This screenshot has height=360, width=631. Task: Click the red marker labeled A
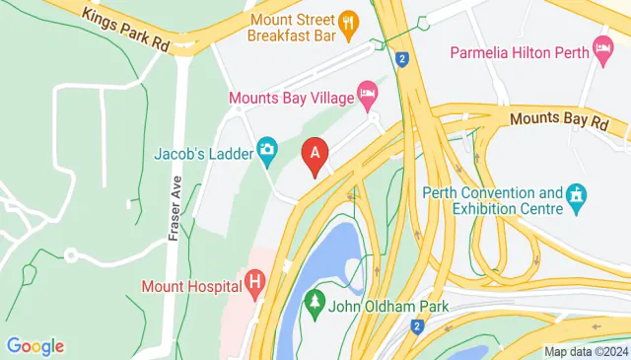[x=315, y=155]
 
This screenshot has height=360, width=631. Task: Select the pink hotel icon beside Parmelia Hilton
[x=602, y=49]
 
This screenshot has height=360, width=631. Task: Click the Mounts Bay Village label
[x=292, y=98]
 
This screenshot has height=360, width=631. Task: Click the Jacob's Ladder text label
[x=203, y=152]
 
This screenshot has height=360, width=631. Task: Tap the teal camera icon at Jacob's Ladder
[x=266, y=151]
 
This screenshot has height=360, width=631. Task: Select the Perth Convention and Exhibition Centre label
[x=492, y=199]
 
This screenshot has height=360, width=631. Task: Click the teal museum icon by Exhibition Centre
[x=577, y=200]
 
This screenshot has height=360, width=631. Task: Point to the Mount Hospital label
[x=191, y=287]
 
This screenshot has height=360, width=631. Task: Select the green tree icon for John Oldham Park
[x=315, y=300]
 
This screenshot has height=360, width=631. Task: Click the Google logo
[x=35, y=346]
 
